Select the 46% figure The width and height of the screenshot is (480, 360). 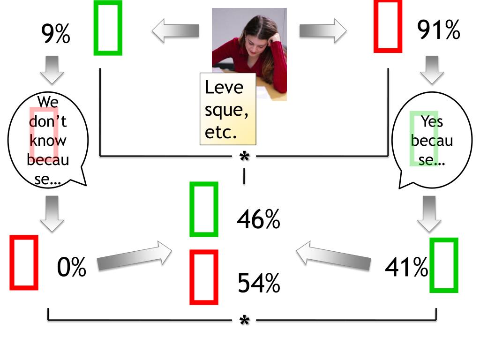point(258,219)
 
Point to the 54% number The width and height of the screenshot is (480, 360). point(259,283)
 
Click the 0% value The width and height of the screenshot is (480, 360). point(72,268)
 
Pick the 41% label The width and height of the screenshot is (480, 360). point(406,268)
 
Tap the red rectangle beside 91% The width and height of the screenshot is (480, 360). point(388,26)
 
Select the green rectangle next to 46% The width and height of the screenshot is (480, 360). point(204,209)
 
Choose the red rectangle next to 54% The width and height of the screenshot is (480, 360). point(204,277)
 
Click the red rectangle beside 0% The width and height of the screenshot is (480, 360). point(23,262)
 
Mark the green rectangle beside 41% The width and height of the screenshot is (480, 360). point(443,265)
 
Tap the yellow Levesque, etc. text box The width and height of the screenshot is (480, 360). point(228,109)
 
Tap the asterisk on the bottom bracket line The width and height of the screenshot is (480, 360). point(244,321)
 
